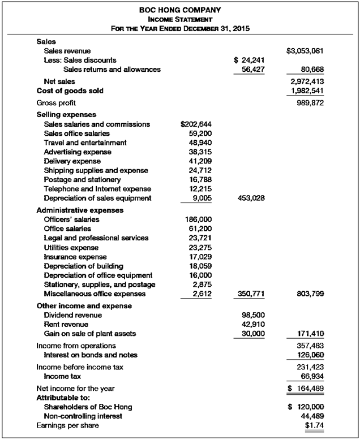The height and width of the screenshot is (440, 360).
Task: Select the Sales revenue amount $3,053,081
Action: pos(305,51)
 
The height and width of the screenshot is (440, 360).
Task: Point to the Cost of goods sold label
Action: pos(70,90)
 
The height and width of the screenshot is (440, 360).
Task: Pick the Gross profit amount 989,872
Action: pos(309,103)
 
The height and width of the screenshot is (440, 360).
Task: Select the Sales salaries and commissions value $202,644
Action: pos(195,124)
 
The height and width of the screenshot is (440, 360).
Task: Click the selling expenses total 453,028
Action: pos(247,198)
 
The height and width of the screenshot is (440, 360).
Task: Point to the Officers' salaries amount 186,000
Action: pos(198,219)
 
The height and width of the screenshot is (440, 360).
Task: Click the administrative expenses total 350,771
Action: pos(247,294)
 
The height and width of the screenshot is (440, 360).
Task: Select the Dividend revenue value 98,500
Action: pos(250,315)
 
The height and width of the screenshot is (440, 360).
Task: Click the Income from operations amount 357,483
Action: pos(309,345)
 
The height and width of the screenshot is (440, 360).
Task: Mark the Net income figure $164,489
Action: pos(306,388)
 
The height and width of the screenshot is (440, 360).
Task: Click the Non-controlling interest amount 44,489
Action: pos(311,416)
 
